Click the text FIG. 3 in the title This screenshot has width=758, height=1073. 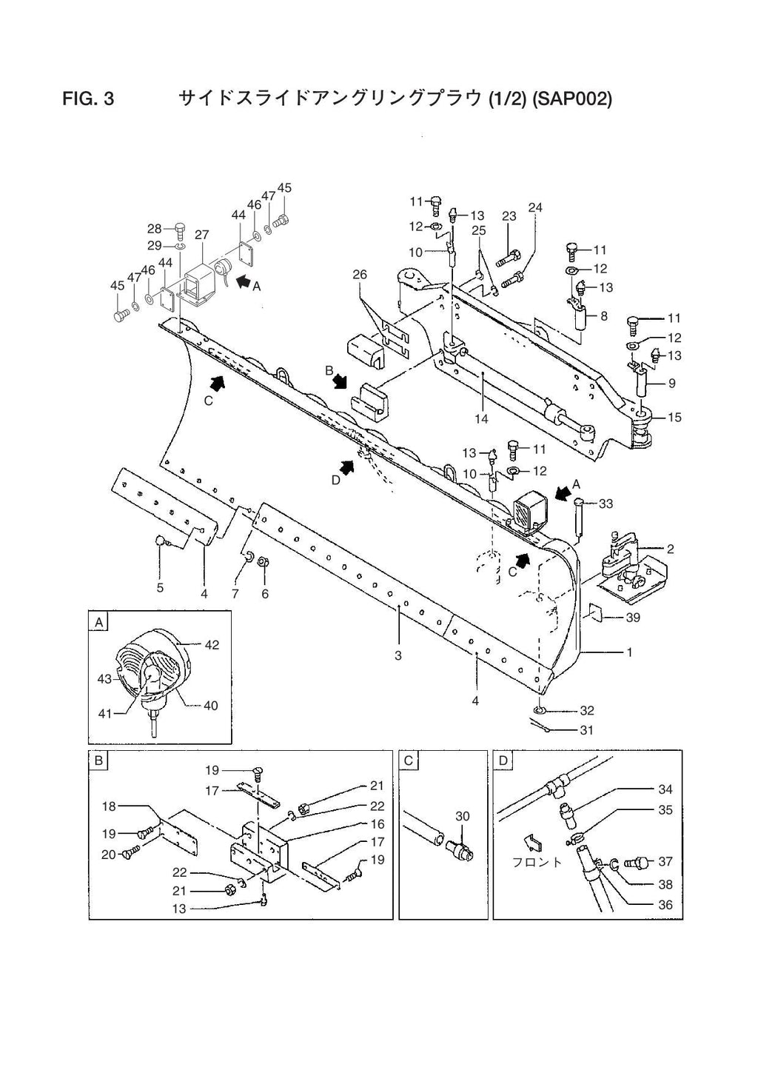coord(89,98)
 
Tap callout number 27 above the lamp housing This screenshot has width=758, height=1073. coord(202,235)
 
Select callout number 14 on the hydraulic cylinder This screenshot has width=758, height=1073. coord(481,419)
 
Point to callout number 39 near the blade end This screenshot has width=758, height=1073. coord(633,618)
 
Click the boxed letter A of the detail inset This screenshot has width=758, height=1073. coord(98,622)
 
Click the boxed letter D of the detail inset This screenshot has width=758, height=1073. coord(503,761)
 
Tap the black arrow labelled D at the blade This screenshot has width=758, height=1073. coord(346,467)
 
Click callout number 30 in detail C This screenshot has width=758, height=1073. coord(463,816)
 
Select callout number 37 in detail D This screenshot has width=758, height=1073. coord(665,861)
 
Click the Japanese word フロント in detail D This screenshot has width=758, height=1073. coord(537,862)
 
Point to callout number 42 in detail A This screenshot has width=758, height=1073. coord(212,645)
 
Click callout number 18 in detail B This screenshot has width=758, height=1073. coord(109,806)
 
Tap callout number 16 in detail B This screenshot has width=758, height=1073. coord(378,823)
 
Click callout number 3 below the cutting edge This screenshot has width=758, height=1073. coord(398,655)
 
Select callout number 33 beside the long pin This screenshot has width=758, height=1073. coord(606,504)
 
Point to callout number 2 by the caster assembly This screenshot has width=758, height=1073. coord(670,549)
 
